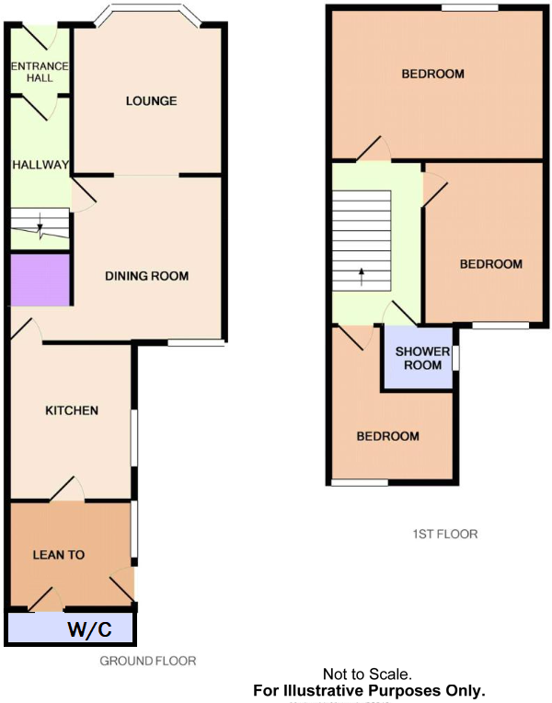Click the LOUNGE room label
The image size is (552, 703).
tap(151, 100)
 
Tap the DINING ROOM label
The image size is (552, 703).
tap(146, 276)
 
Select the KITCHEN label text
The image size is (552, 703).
tap(72, 410)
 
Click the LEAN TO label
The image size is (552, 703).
tap(59, 555)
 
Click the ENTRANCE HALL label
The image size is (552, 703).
tap(40, 72)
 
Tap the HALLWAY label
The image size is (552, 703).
tap(40, 165)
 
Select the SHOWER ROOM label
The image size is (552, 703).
tap(423, 358)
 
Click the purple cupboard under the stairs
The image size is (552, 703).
tap(40, 280)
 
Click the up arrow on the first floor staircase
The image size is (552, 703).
tap(362, 273)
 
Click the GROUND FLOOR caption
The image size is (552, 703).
tap(147, 661)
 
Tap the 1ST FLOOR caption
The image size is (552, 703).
tap(446, 534)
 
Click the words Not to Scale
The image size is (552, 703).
tap(367, 674)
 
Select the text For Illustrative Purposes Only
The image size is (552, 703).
tap(368, 690)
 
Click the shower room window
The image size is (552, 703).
tap(456, 358)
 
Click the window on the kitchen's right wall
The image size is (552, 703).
tap(134, 438)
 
